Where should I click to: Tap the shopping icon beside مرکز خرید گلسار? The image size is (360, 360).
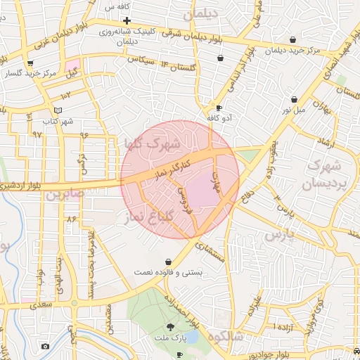click(30, 63)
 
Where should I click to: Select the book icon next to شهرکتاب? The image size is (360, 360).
click(58, 110)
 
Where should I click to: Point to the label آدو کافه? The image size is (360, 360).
click(219, 117)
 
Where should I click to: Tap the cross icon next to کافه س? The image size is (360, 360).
click(127, 21)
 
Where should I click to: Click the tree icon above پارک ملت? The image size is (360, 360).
click(170, 327)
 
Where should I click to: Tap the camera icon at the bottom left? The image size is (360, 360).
click(46, 346)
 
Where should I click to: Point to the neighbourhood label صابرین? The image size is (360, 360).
click(65, 193)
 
